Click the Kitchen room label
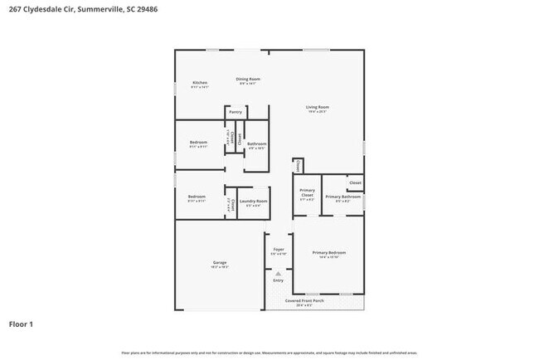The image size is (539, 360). click(x=200, y=82)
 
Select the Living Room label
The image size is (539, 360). click(x=318, y=106)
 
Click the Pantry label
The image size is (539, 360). click(x=236, y=111)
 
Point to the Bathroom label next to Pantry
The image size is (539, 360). click(x=256, y=144)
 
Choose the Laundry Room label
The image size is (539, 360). click(x=253, y=201)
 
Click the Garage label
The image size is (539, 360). click(x=219, y=263)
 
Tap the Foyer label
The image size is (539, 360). click(x=279, y=249)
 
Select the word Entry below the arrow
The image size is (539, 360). click(x=279, y=280)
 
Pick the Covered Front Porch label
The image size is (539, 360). click(x=304, y=300)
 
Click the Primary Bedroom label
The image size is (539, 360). click(x=329, y=252)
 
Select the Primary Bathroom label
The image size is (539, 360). click(x=342, y=197)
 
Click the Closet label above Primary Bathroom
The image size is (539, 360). click(x=355, y=182)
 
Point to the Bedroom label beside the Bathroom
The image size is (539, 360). click(x=198, y=143)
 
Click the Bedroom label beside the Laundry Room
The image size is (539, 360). click(x=197, y=197)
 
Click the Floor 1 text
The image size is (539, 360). click(x=22, y=324)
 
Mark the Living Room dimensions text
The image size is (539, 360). click(x=318, y=111)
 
